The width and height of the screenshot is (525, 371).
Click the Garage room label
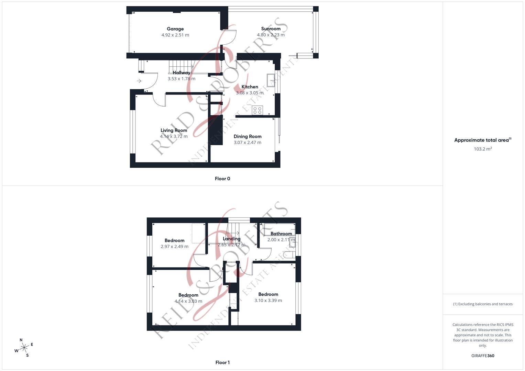(x=175, y=29)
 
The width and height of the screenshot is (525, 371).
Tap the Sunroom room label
(x=271, y=29)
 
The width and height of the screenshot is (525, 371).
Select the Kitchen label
(x=250, y=87)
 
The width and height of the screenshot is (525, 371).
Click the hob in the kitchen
(x=258, y=110)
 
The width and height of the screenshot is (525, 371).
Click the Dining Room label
(x=248, y=136)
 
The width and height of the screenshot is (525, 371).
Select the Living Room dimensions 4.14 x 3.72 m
(x=174, y=136)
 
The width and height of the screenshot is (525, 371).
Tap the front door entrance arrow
(x=139, y=81)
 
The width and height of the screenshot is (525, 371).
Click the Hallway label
(x=181, y=73)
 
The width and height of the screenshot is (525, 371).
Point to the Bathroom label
(x=281, y=234)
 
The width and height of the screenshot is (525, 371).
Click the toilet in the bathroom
(x=290, y=255)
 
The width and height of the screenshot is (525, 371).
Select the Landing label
(x=231, y=239)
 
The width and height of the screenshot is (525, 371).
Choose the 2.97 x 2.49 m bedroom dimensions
(x=174, y=247)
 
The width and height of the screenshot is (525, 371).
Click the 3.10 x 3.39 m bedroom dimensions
(x=268, y=301)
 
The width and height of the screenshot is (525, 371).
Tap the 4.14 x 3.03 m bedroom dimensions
(x=188, y=301)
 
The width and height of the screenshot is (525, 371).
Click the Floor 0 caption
(x=222, y=179)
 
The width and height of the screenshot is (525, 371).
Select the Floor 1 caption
(x=222, y=362)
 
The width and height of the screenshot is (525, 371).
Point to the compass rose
(x=24, y=348)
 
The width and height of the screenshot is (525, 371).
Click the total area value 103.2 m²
(x=483, y=149)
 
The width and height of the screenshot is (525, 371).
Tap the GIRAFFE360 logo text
(x=483, y=356)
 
